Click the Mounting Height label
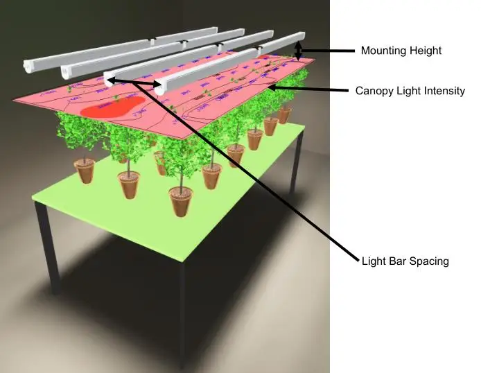click(401, 51)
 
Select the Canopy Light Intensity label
click(410, 91)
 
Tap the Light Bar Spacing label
click(405, 261)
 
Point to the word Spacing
click(430, 261)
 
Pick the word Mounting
click(383, 51)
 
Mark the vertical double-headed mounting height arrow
click(299, 51)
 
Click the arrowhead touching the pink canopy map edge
click(272, 87)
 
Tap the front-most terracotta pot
click(180, 201)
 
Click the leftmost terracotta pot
click(85, 171)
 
